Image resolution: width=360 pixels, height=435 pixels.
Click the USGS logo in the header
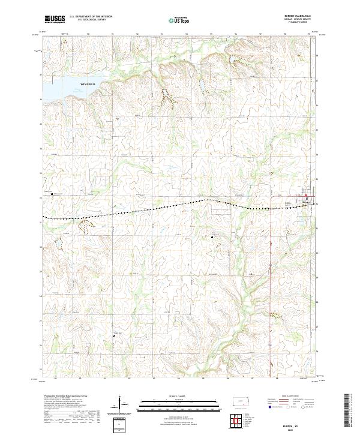pos(55,19)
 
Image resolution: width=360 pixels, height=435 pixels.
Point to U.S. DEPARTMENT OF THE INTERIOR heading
pos(91,17)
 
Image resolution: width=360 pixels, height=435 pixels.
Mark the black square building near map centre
pos(212,238)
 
